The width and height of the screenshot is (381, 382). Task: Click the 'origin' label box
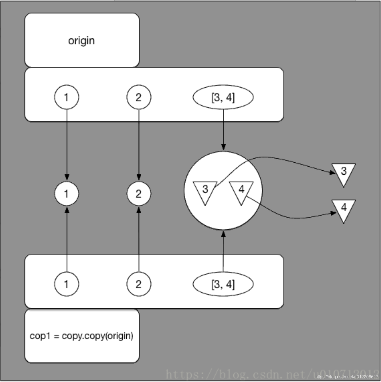82,40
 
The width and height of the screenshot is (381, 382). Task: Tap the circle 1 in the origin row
66,97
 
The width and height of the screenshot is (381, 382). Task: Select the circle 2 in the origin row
139,97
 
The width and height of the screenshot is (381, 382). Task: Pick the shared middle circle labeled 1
66,193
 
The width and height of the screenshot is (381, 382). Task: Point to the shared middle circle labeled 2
139,193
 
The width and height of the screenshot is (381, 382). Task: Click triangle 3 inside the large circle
205,191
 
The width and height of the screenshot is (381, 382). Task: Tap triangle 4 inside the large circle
241,191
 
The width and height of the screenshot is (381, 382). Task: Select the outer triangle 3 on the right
344,173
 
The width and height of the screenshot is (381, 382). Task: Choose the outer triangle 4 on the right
344,209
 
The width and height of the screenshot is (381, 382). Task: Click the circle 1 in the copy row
66,284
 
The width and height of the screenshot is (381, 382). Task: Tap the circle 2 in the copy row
139,284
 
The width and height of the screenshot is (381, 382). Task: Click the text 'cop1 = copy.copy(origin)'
82,336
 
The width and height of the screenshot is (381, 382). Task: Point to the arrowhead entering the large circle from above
224,147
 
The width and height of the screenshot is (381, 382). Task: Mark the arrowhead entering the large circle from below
224,234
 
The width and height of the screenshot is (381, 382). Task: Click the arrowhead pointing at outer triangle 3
333,173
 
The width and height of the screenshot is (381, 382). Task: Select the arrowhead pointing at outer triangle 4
334,213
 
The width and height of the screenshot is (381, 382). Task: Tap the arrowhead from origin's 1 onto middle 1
67,177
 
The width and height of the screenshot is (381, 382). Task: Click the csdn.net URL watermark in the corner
346,377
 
